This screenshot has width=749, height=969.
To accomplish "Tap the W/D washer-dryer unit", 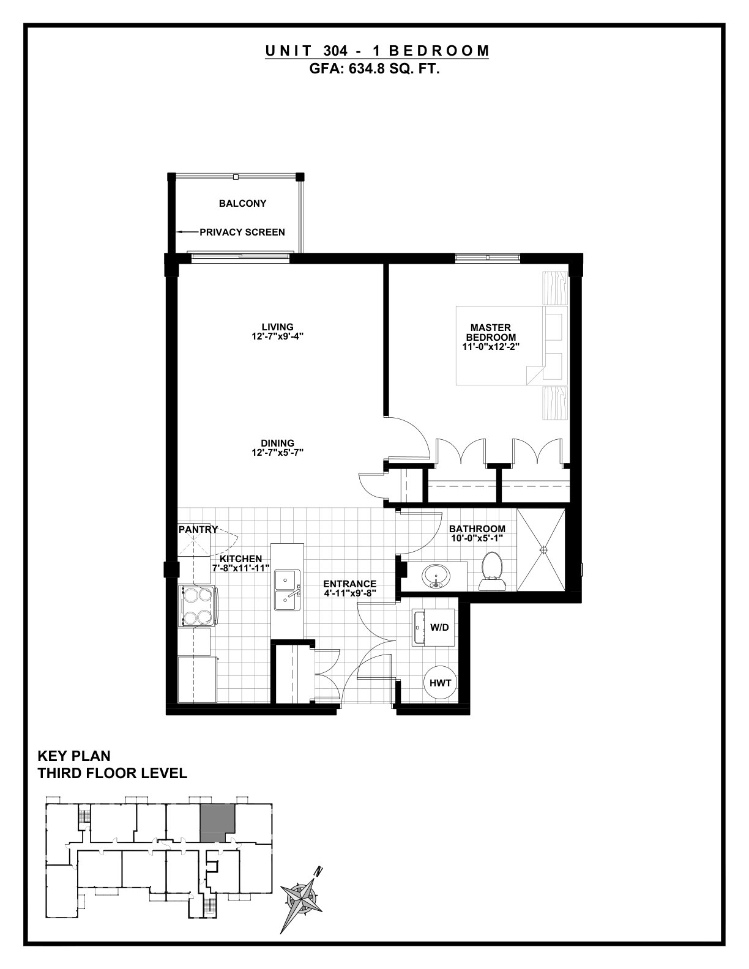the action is coord(434,627).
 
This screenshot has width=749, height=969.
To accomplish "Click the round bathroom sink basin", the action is coord(436,576).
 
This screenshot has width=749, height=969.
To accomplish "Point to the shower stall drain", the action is coord(544,550).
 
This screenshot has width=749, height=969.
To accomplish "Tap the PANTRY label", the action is coord(198,529).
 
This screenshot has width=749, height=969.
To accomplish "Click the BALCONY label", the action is coord(242,203).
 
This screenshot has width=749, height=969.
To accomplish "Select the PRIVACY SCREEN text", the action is coord(242,232).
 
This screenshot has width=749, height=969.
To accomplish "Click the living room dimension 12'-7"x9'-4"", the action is coord(277,336).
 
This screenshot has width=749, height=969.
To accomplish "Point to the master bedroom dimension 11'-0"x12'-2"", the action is coord(491,346).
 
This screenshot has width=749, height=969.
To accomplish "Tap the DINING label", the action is coord(277,444).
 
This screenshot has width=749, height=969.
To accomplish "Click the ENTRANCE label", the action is coord(350,584).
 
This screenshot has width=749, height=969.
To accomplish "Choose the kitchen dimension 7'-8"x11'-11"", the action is coord(241,568).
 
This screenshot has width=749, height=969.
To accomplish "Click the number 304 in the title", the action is coord(335,51).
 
